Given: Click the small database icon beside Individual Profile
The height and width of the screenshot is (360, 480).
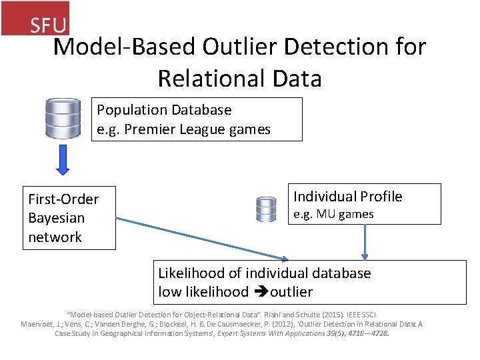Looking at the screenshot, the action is (x=266, y=209).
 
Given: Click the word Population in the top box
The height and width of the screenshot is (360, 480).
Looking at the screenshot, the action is (x=131, y=109).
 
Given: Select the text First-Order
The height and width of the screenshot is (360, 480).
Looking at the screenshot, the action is (x=63, y=199).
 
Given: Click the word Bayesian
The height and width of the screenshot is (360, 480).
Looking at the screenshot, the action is (x=57, y=218).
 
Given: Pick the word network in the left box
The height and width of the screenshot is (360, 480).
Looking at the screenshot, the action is (x=55, y=237).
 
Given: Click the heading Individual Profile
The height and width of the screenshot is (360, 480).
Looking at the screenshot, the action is (x=348, y=196).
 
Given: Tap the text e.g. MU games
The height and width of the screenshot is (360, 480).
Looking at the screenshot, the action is (x=333, y=214).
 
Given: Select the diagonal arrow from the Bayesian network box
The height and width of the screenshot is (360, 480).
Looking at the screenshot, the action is (x=200, y=238).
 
